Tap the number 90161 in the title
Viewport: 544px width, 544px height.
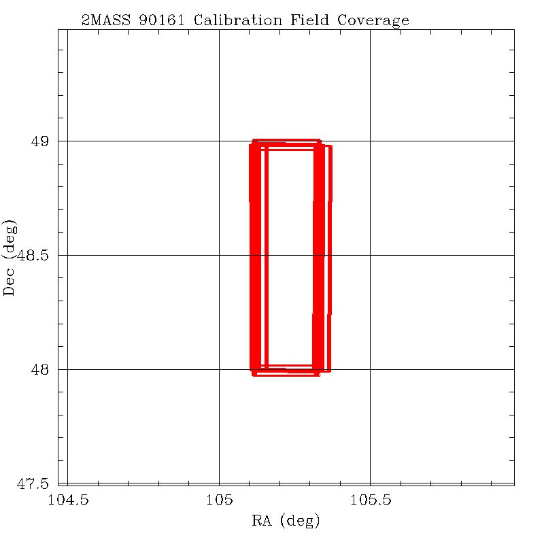(x=163, y=20)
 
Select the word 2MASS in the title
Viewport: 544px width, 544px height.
(x=106, y=20)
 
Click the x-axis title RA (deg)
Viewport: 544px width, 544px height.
(x=286, y=522)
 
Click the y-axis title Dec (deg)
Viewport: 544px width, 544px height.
(x=10, y=256)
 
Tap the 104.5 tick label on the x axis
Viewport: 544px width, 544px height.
(x=67, y=501)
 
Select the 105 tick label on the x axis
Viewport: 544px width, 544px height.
(x=219, y=501)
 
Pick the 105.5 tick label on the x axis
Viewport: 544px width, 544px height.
(x=370, y=501)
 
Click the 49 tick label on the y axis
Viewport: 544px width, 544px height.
(x=40, y=141)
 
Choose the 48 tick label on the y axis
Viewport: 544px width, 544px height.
(x=40, y=370)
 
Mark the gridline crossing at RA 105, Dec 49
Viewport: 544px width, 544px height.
(x=219, y=141)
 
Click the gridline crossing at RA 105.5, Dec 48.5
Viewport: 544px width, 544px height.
(x=370, y=255)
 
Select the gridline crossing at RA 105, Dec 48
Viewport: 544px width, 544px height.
(x=219, y=369)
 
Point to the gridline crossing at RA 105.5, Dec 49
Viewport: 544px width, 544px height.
(x=370, y=141)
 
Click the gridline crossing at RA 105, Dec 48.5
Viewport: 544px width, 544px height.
(x=219, y=255)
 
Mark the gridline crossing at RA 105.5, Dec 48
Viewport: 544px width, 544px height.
(x=370, y=369)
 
